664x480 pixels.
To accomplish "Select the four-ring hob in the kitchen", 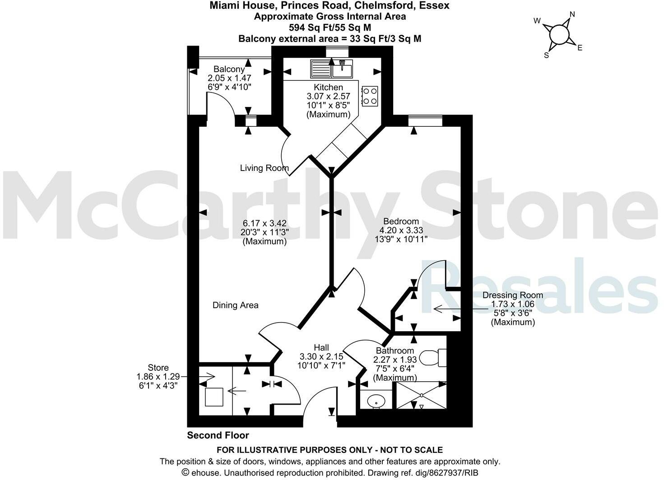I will [x=370, y=96].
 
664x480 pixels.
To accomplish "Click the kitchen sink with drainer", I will [x=331, y=69].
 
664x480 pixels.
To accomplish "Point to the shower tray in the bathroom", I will [x=421, y=396].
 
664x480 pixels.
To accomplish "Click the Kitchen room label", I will [x=328, y=87].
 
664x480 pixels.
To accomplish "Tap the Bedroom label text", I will [x=401, y=222].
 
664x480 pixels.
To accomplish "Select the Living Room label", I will [x=264, y=168].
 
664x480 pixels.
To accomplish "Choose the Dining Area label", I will [x=235, y=305].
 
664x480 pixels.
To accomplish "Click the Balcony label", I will [x=229, y=69].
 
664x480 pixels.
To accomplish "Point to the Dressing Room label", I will [x=513, y=295].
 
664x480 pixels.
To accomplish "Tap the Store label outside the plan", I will [x=158, y=368].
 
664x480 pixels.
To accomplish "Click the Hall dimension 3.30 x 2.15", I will [x=321, y=356].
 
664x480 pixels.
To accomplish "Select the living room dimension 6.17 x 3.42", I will [x=265, y=223].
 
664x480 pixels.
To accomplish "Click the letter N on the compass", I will [x=572, y=14].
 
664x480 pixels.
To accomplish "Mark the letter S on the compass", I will [x=547, y=55].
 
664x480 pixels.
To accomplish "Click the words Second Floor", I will [x=218, y=435].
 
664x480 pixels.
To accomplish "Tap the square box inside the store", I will [x=214, y=397].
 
